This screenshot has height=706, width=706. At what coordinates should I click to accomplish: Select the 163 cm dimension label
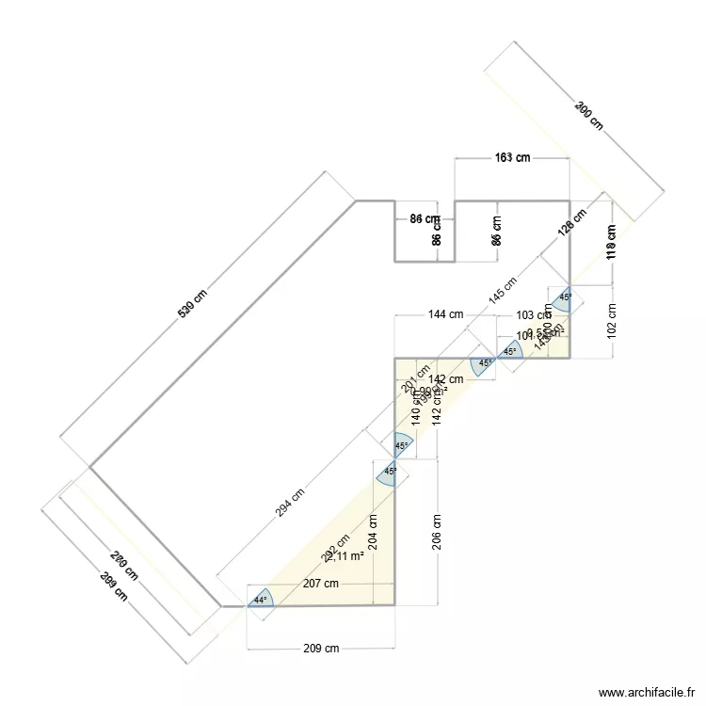[x=512, y=158]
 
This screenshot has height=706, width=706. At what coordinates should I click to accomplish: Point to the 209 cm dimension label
[x=321, y=649]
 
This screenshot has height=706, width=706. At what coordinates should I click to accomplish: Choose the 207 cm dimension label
[x=320, y=584]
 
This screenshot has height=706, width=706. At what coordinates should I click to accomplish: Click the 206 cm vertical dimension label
[x=435, y=532]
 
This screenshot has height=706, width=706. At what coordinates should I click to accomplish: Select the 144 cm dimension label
[x=445, y=314]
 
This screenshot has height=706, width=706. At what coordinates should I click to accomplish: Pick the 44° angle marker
[x=259, y=600]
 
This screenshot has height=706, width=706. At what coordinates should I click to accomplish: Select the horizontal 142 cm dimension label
[x=445, y=379]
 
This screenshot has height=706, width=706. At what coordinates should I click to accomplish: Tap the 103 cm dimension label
[x=531, y=315]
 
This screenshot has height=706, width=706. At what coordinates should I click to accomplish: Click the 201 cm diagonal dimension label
[x=409, y=377]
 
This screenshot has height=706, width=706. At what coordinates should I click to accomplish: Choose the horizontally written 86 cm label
[x=425, y=219]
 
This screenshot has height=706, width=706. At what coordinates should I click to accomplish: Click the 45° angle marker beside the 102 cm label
[x=565, y=297]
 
